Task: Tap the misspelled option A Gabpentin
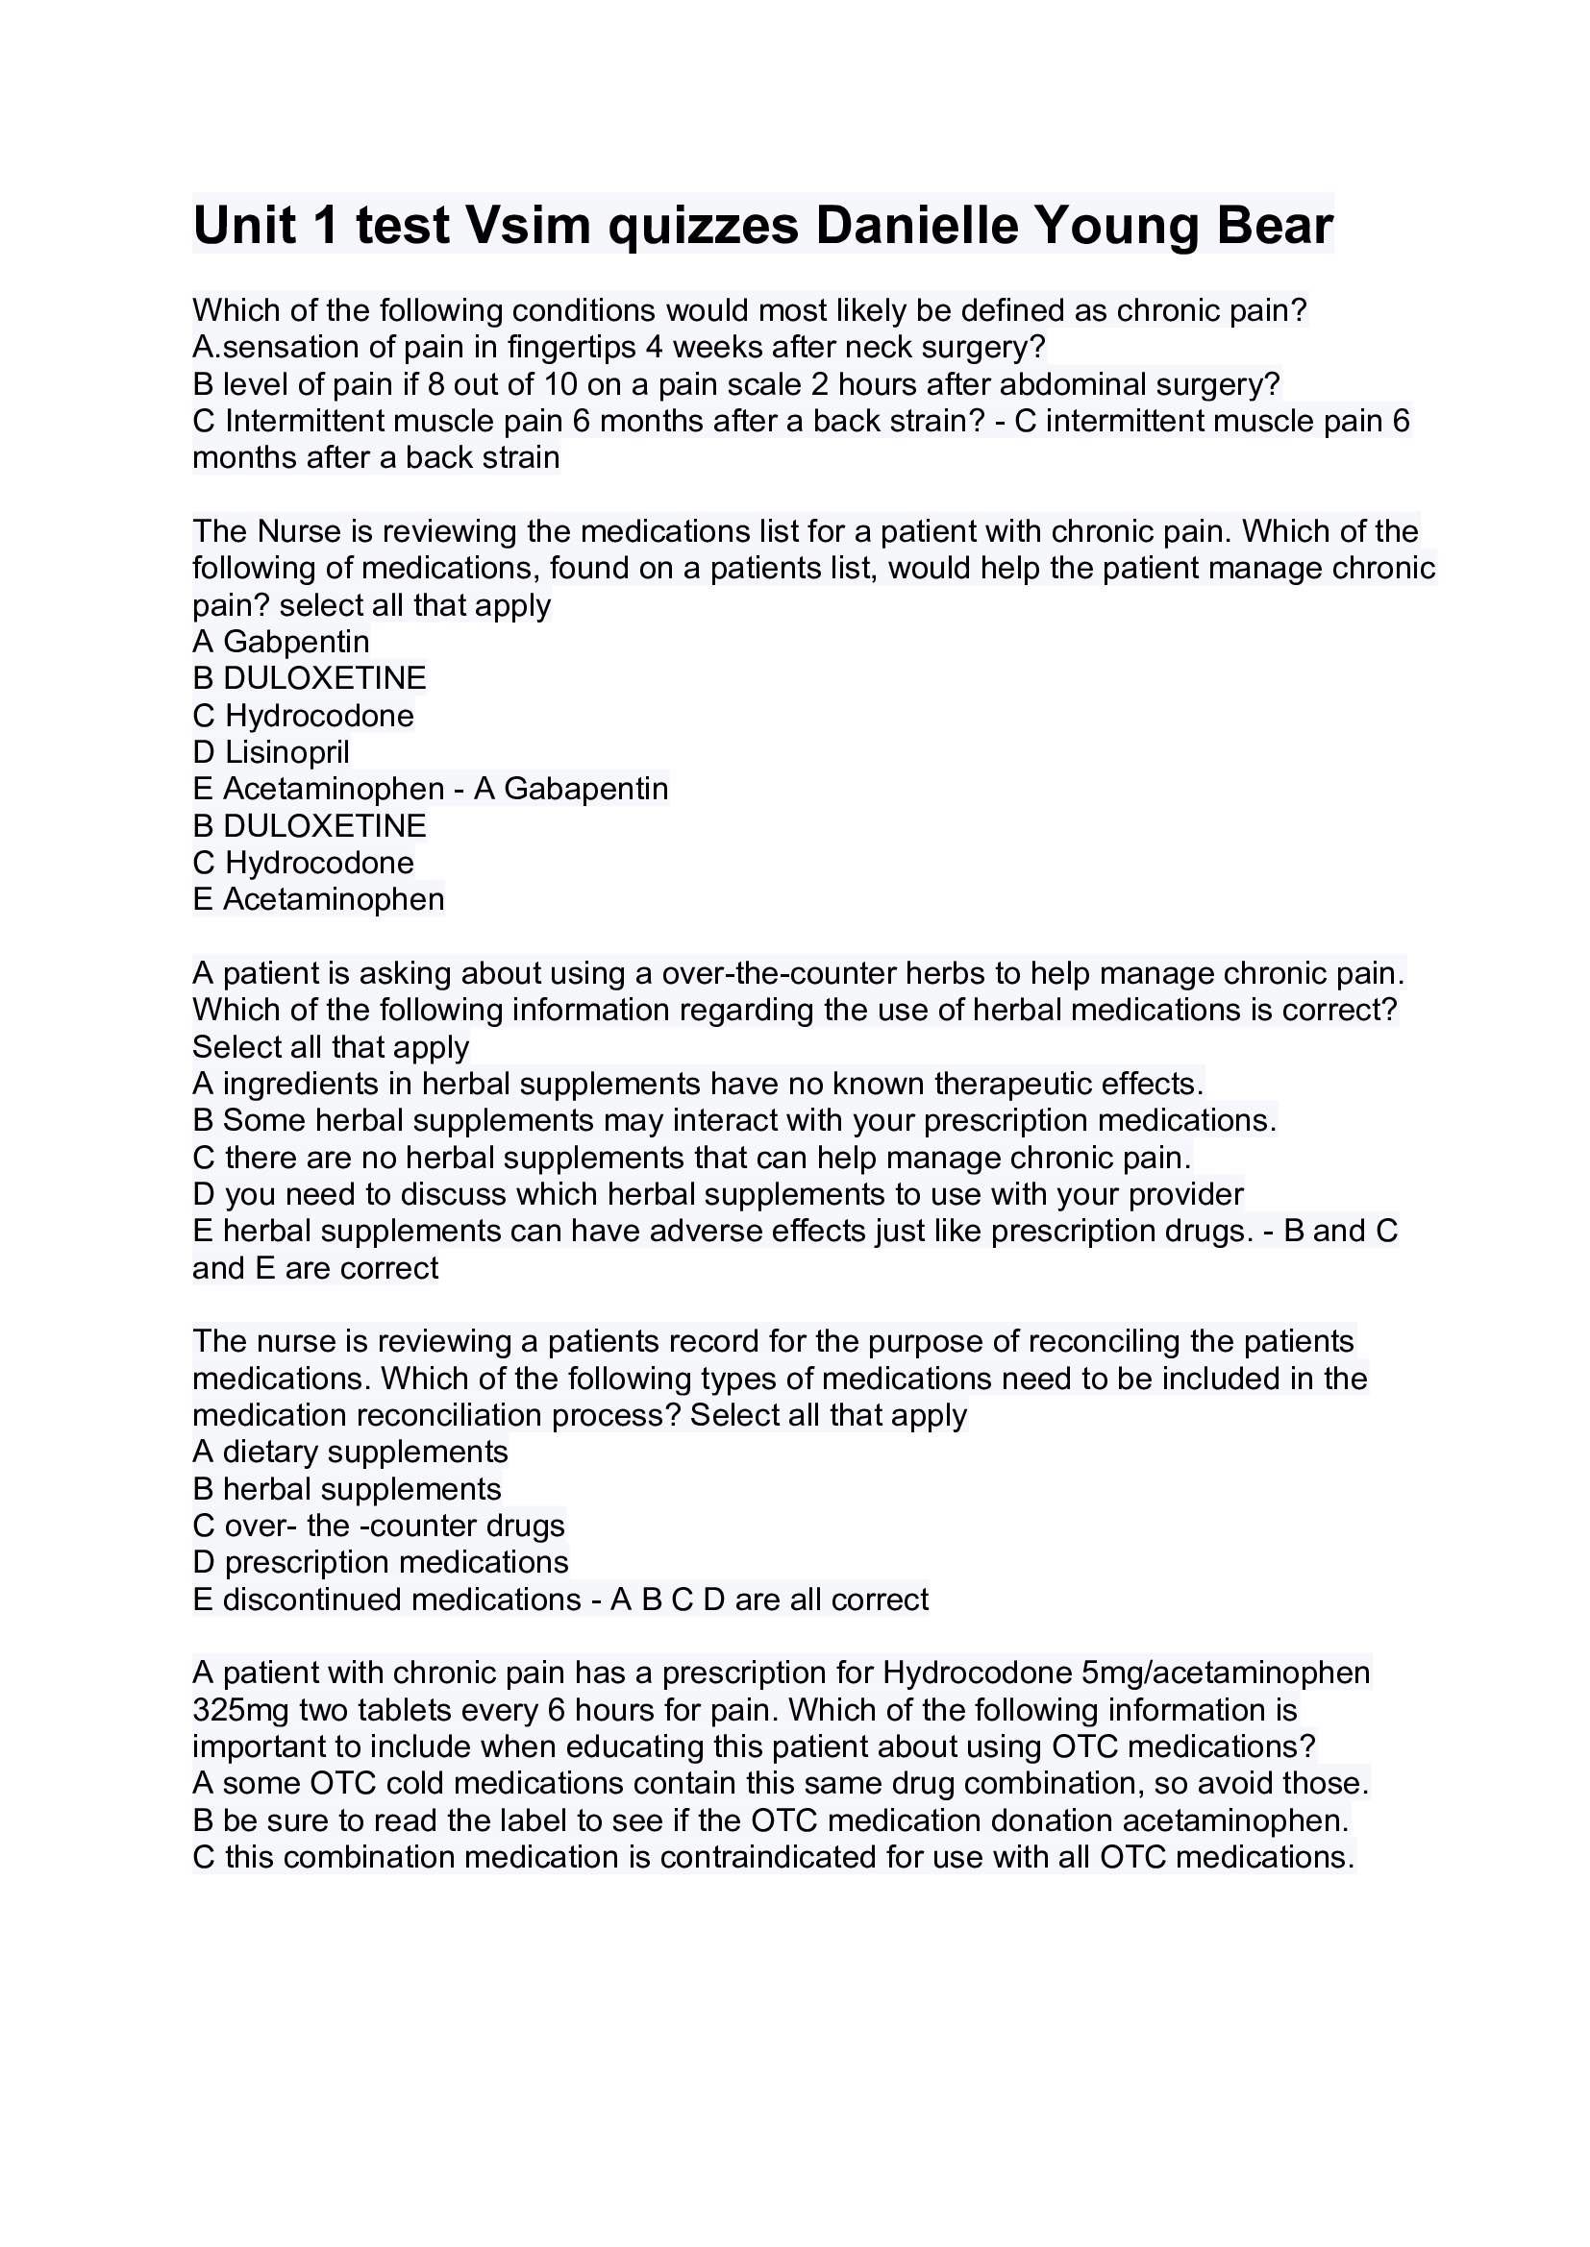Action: click(281, 642)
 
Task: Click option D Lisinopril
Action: click(271, 752)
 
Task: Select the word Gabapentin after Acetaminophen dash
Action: click(585, 789)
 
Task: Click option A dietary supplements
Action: click(351, 1453)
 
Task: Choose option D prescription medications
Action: click(381, 1563)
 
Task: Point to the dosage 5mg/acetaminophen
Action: click(1226, 1673)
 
